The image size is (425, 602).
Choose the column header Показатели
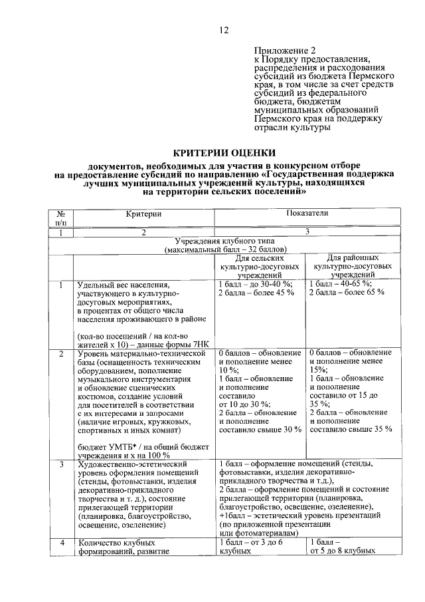click(x=307, y=214)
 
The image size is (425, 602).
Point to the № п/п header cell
click(x=61, y=218)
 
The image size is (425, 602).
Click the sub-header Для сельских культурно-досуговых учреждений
click(x=261, y=265)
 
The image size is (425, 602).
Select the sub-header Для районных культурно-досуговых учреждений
click(x=353, y=265)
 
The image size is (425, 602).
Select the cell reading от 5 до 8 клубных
click(x=343, y=551)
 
